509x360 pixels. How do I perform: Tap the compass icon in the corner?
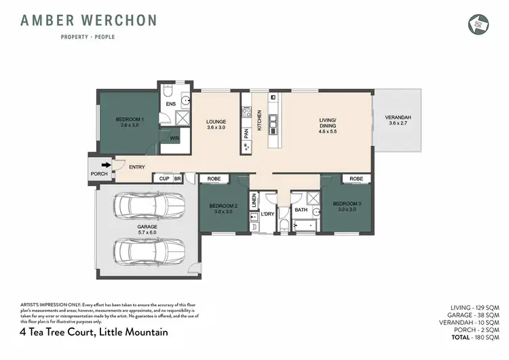coord(478,24)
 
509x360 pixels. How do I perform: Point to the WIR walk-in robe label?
coord(174,137)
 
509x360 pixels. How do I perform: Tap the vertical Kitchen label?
coord(259,121)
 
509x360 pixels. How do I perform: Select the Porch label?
coord(99,174)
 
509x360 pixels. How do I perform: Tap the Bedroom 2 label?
coord(223,208)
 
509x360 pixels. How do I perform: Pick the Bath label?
coord(301,211)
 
